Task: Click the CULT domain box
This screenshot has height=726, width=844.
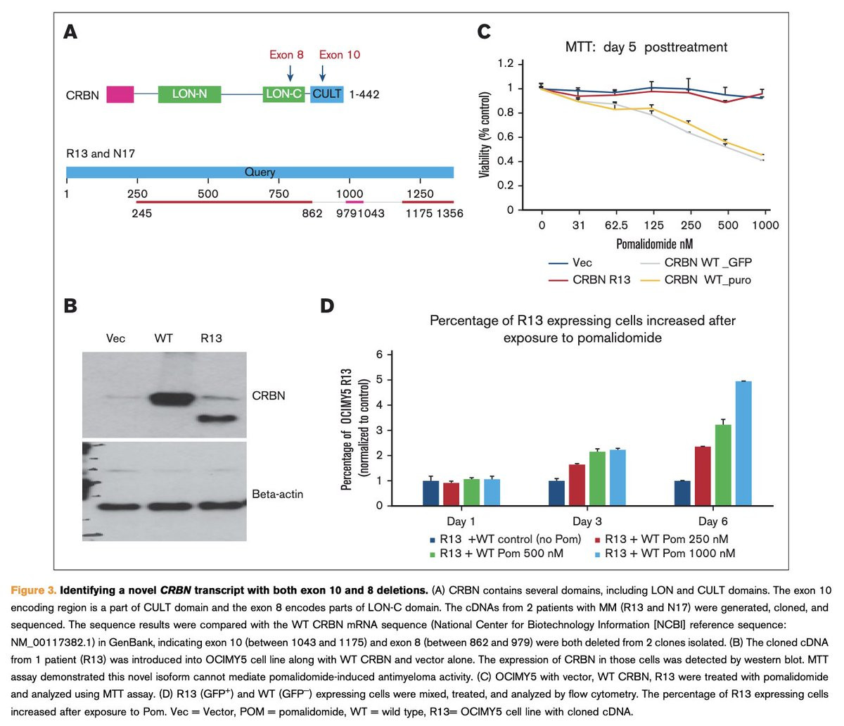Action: (327, 94)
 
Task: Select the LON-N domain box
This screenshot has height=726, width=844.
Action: (189, 94)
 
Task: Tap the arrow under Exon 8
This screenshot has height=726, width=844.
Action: (290, 73)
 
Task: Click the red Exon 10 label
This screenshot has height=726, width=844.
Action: (340, 55)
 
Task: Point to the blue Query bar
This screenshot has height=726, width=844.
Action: (260, 172)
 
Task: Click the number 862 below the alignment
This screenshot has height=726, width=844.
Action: (312, 213)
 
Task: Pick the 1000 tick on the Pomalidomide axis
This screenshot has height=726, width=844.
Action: (765, 225)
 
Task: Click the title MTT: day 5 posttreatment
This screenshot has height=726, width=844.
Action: (646, 47)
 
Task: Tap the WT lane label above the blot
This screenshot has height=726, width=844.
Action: (163, 338)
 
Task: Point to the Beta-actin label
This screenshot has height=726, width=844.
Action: (278, 494)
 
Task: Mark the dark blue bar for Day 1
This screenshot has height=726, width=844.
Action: (430, 492)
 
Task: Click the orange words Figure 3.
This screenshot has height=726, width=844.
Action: (34, 590)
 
